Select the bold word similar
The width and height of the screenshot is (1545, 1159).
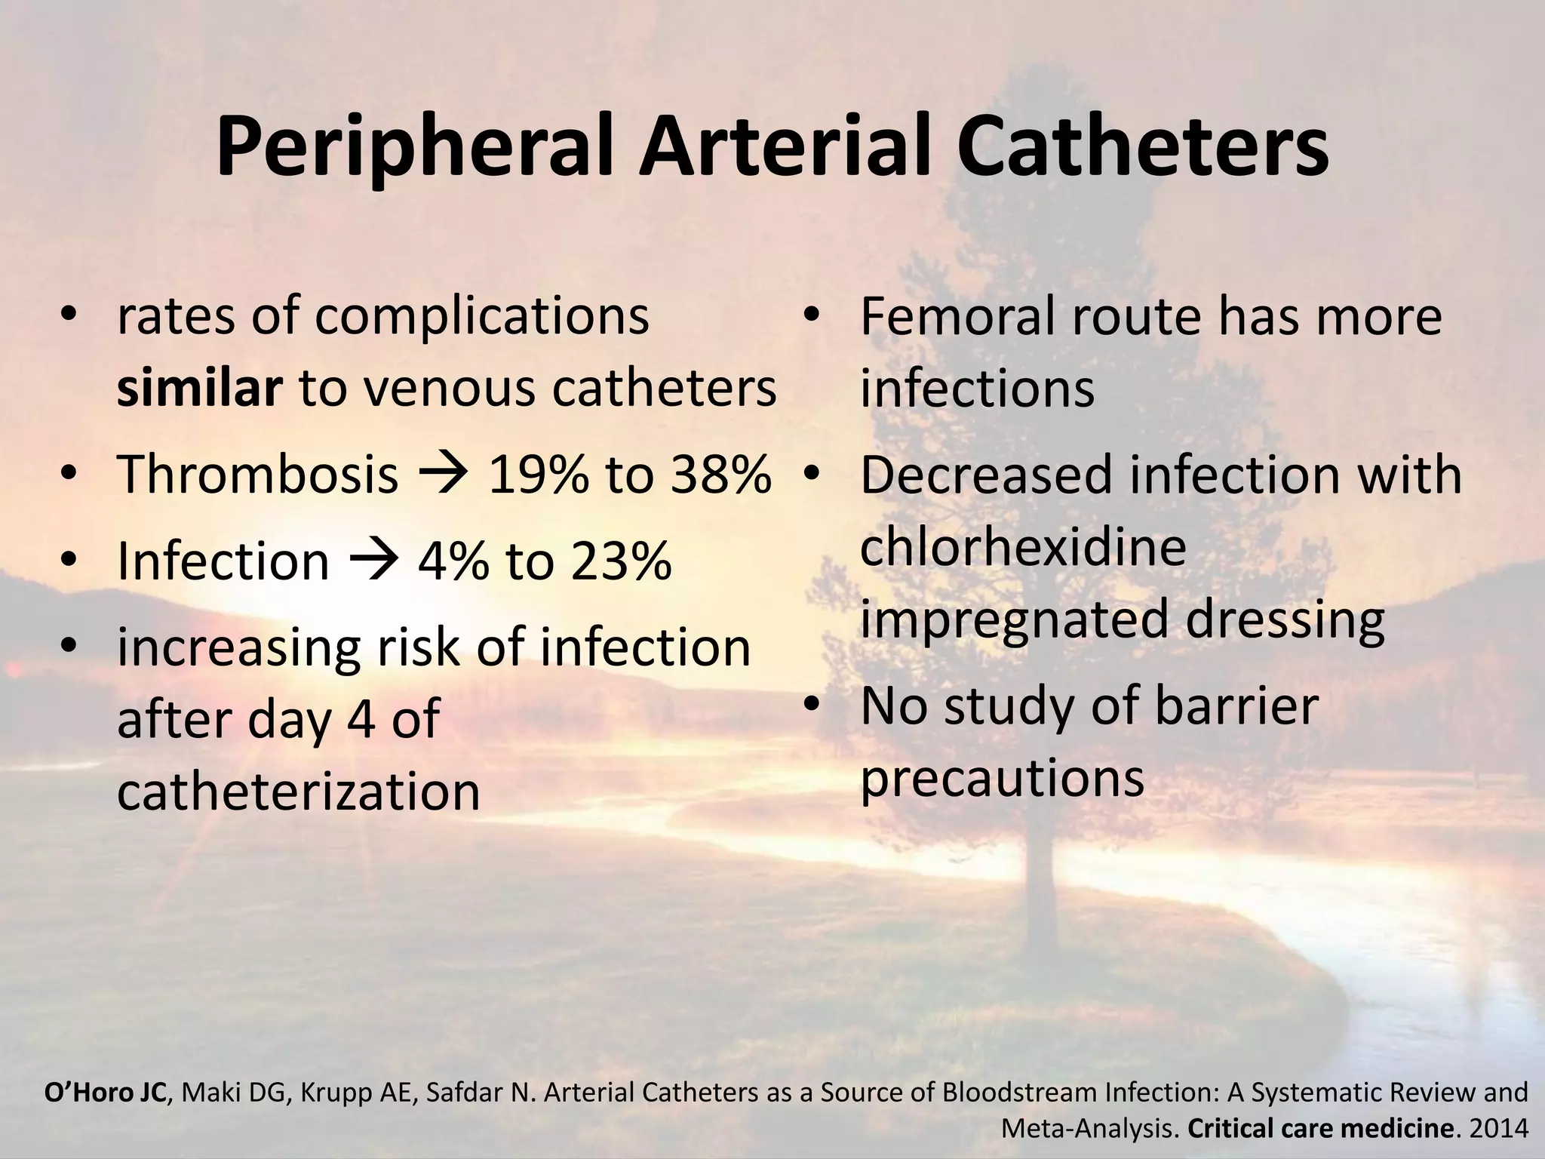click(x=199, y=389)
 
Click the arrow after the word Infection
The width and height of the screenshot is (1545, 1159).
click(x=373, y=562)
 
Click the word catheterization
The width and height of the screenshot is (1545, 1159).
click(x=299, y=792)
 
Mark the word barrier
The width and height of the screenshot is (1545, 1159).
click(x=1236, y=706)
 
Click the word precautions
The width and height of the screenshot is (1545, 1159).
click(x=1002, y=779)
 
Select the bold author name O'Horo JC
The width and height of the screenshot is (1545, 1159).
click(x=106, y=1093)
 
